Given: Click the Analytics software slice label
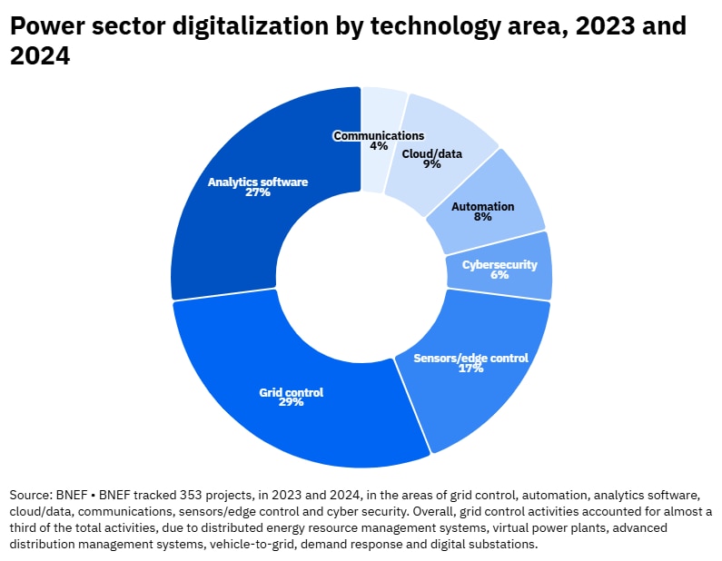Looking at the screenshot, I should pos(258,182).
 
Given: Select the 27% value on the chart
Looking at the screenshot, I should pos(258,192).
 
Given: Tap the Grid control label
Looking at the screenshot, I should pos(292,392).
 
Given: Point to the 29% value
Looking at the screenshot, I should pos(292,402).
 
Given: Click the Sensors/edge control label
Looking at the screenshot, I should pos(470,358).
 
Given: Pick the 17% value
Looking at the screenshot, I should pos(470,369).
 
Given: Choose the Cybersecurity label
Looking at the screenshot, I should pos(499,264).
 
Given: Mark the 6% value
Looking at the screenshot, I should pos(499,275).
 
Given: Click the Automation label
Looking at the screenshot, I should pos(483,206).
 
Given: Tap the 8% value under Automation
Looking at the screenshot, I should pos(483,217).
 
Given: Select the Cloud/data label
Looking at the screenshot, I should pos(431,153).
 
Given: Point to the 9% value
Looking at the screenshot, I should pos(431,164).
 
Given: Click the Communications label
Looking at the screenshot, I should pos(379,135).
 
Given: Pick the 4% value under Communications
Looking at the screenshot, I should pos(379,146).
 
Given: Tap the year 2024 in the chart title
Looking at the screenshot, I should pos(40,57).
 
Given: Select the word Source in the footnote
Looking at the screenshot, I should pos(31,495).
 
